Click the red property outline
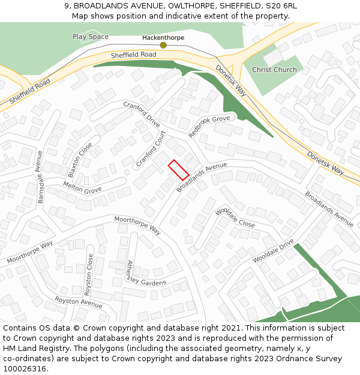click(178, 170)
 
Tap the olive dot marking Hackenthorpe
click(163, 45)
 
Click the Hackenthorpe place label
click(163, 37)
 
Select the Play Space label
click(91, 37)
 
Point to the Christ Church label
click(274, 70)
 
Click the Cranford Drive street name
click(142, 114)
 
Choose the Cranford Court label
click(151, 149)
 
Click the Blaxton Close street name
click(80, 160)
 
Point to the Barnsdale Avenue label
click(40, 177)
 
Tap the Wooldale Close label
click(235, 218)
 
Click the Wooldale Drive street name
click(273, 251)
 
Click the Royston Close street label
click(89, 275)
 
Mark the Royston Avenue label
click(78, 302)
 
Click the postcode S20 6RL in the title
click(283, 5)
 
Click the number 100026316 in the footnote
click(26, 368)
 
